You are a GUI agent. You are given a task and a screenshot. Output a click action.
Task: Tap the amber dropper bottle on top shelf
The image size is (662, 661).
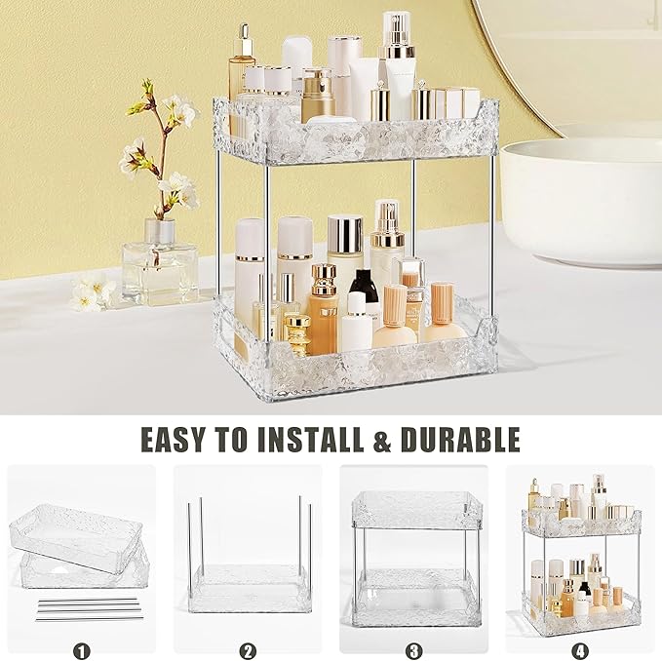pos(241,73)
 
